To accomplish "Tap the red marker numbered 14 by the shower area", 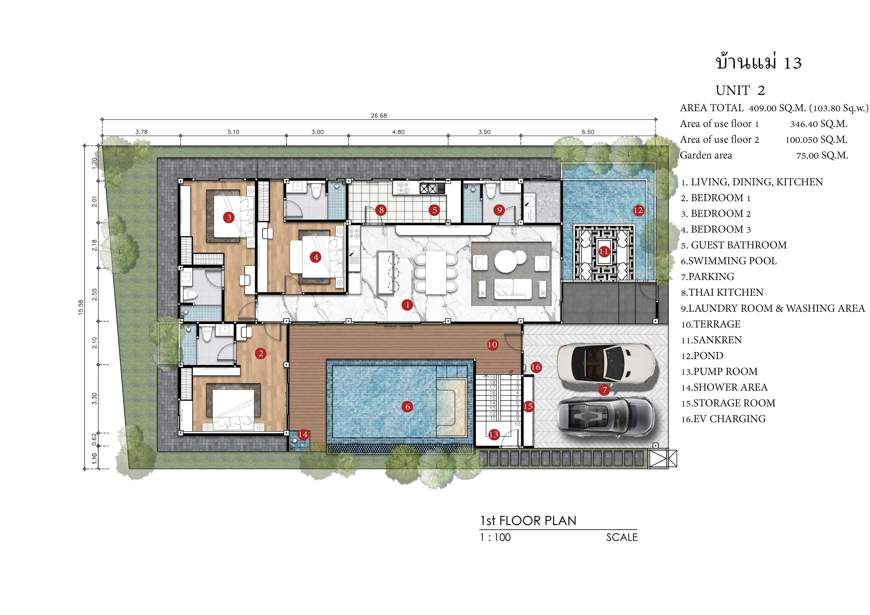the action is (303, 434).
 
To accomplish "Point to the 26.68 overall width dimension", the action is (379, 116).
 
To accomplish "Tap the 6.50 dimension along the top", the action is (588, 132).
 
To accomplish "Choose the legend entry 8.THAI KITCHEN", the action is (722, 292).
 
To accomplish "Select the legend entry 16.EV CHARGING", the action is (723, 419).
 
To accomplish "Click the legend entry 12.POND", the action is (702, 356).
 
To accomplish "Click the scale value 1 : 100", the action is (495, 537).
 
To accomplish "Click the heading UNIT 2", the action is (740, 90).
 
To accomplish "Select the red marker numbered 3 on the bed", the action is (229, 217).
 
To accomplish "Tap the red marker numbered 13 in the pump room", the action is (493, 434).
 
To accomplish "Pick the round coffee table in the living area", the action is (505, 261).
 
